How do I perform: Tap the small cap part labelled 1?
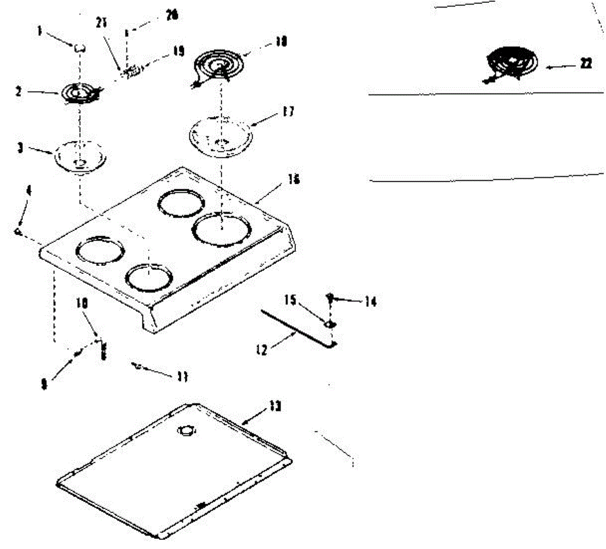tap(79, 48)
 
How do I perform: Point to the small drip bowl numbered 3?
tap(80, 156)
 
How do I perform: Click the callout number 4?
tap(29, 191)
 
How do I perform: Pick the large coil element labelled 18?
tap(220, 66)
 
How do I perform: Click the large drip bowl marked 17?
tap(221, 134)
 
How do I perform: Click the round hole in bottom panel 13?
tap(186, 430)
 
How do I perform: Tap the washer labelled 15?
tap(330, 323)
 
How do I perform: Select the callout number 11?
tap(182, 376)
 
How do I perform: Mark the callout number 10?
tap(82, 303)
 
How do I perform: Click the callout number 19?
tap(179, 52)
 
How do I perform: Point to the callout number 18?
tap(281, 41)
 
